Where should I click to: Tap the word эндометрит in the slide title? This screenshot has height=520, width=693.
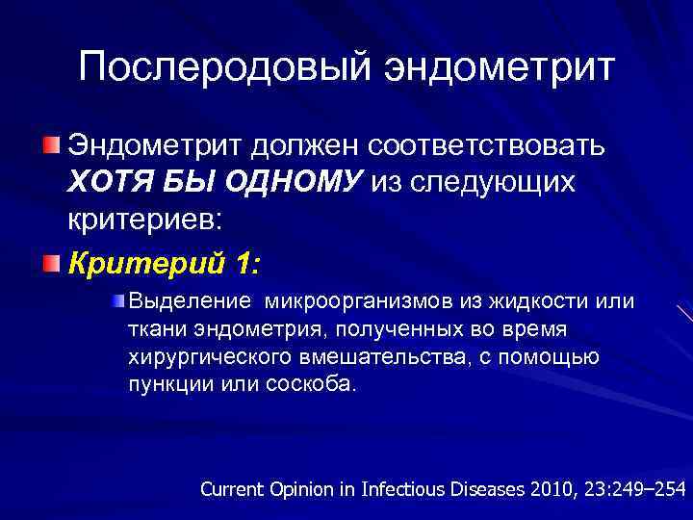pos(500,68)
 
